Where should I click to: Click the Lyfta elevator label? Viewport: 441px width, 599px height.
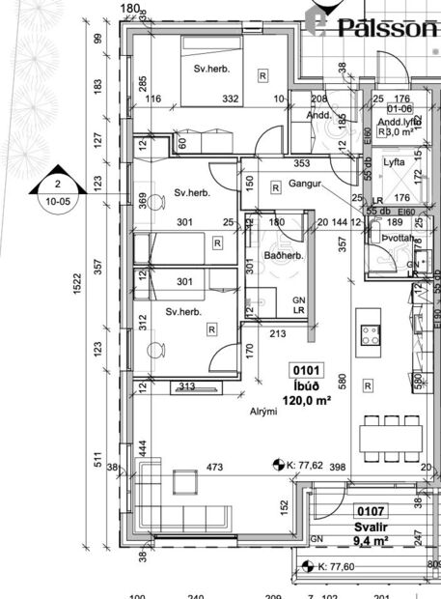[394, 163]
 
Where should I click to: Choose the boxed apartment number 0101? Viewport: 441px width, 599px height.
[306, 369]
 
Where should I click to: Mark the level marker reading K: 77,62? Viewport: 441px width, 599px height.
[304, 466]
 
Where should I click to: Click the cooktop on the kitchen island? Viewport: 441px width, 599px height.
[369, 335]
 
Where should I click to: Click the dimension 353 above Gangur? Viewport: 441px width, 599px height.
[301, 164]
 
